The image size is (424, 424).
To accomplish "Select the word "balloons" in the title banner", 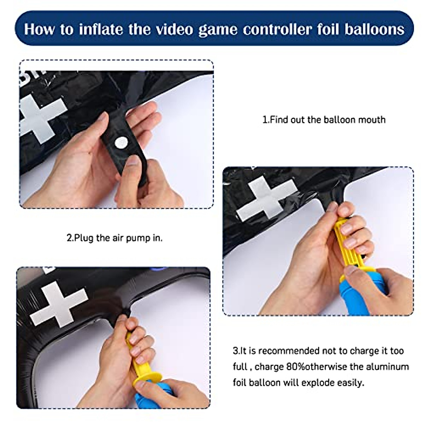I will (374, 29).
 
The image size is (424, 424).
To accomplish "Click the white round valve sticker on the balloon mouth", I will (121, 143).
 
